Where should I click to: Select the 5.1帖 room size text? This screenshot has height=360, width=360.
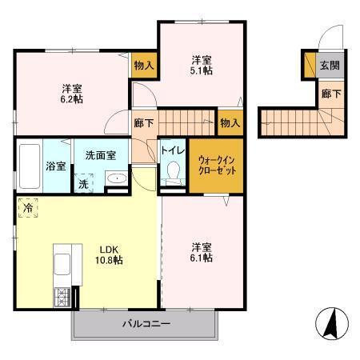coord(200,66)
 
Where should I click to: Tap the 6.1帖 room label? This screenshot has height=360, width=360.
coord(201,253)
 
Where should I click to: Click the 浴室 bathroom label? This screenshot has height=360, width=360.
coord(55,168)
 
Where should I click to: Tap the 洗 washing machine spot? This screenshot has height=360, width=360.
coord(84,183)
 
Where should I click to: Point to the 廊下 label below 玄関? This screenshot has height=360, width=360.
coord(330,94)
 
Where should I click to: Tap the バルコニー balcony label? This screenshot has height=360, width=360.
coord(146,325)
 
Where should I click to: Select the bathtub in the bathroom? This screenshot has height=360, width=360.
coord(29,166)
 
